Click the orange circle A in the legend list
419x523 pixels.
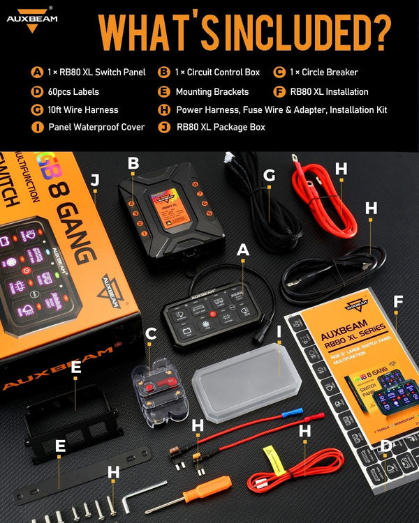click(x=37, y=72)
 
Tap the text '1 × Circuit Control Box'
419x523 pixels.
click(x=218, y=72)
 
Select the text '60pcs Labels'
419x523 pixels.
click(x=74, y=91)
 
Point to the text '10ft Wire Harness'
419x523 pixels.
click(x=83, y=109)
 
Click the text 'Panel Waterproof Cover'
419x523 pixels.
click(x=96, y=127)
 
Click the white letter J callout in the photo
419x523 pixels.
click(x=95, y=180)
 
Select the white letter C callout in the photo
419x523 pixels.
click(x=150, y=333)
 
